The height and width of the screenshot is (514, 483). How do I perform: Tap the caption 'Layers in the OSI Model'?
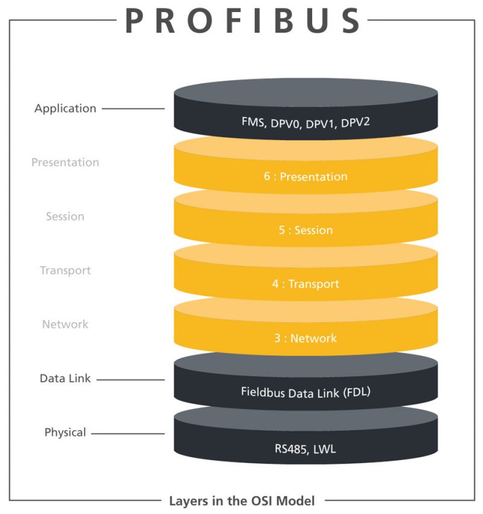pyautogui.click(x=241, y=500)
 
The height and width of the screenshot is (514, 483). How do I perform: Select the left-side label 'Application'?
pyautogui.click(x=65, y=109)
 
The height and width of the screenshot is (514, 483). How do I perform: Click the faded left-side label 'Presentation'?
pyautogui.click(x=65, y=162)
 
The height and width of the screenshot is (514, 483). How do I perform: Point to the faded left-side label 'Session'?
pyautogui.click(x=65, y=216)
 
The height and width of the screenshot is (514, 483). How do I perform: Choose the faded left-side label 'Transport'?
pyautogui.click(x=65, y=270)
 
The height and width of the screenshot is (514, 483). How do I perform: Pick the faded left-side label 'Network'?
pyautogui.click(x=65, y=324)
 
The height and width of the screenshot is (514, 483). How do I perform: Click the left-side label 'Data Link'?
pyautogui.click(x=65, y=378)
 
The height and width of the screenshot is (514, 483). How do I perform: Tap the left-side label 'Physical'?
pyautogui.click(x=65, y=432)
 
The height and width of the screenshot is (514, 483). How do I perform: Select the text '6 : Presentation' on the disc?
pyautogui.click(x=305, y=177)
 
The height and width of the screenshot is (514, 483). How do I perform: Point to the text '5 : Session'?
pyautogui.click(x=305, y=230)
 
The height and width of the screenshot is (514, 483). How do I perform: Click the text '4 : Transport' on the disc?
pyautogui.click(x=305, y=284)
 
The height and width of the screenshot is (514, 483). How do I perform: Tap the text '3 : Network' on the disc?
pyautogui.click(x=305, y=338)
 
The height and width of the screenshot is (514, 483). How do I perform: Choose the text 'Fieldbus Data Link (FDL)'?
pyautogui.click(x=305, y=392)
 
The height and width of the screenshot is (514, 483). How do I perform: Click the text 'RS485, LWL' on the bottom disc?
pyautogui.click(x=305, y=448)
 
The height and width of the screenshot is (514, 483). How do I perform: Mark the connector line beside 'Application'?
pyautogui.click(x=133, y=109)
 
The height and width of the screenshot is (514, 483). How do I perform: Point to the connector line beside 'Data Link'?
pyautogui.click(x=130, y=379)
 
